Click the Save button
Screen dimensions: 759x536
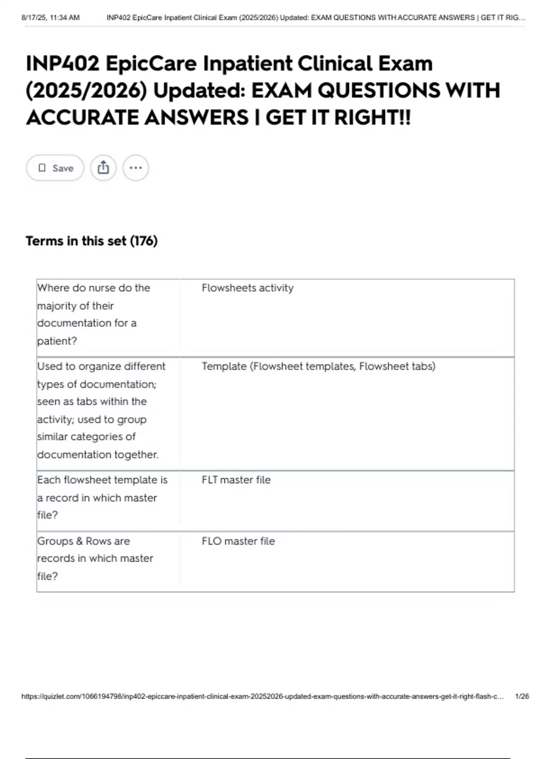(55, 168)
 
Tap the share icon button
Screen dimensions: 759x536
(103, 168)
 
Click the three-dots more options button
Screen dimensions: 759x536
(135, 168)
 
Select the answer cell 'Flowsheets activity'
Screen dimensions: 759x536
(247, 288)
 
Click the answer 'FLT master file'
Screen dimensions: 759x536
(236, 480)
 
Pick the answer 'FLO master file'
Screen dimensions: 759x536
(238, 541)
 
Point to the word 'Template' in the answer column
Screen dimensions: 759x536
(224, 367)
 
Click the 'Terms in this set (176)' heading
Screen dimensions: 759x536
(92, 241)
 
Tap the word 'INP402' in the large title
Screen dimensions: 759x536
(63, 63)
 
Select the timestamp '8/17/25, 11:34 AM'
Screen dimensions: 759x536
(50, 18)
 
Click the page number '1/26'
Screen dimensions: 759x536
(521, 696)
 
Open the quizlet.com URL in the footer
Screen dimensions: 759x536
(263, 696)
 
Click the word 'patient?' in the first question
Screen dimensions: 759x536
(57, 341)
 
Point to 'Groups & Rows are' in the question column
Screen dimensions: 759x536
(84, 541)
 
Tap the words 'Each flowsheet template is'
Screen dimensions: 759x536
(102, 480)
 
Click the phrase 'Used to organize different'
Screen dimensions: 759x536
(101, 367)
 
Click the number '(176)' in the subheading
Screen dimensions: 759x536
(144, 241)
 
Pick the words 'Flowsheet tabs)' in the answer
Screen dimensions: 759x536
(397, 367)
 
